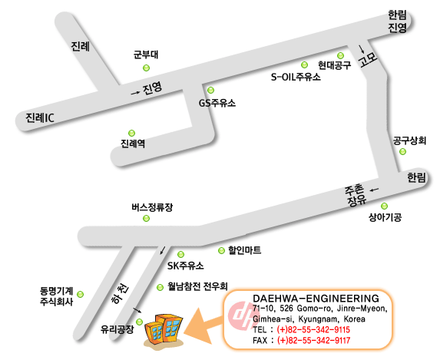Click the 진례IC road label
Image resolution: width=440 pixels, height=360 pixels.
pyautogui.click(x=40, y=118)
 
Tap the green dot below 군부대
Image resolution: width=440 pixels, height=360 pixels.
pyautogui.click(x=146, y=68)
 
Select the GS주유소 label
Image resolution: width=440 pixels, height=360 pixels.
pyautogui.click(x=217, y=103)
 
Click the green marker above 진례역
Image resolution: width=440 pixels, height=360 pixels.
pyautogui.click(x=131, y=133)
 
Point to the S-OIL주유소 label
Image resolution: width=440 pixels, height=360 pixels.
pyautogui.click(x=296, y=77)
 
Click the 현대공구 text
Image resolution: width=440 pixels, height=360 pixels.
pyautogui.click(x=335, y=65)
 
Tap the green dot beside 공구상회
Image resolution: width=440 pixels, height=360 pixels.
pyautogui.click(x=402, y=151)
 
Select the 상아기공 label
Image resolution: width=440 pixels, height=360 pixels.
pyautogui.click(x=385, y=217)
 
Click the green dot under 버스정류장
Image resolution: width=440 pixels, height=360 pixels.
pyautogui.click(x=146, y=218)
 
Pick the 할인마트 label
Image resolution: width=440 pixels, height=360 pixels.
pyautogui.click(x=245, y=249)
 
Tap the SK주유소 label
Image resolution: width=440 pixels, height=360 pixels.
pyautogui.click(x=186, y=266)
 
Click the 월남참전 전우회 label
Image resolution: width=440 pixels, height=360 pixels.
pyautogui.click(x=197, y=286)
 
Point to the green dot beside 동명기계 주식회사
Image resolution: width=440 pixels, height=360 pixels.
pyautogui.click(x=81, y=294)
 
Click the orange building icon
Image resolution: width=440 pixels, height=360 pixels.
pyautogui.click(x=164, y=330)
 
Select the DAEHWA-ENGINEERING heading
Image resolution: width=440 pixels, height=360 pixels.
pyautogui.click(x=316, y=298)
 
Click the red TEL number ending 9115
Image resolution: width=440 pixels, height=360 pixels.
pyautogui.click(x=313, y=329)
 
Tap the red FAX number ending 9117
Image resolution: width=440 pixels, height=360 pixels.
pyautogui.click(x=314, y=340)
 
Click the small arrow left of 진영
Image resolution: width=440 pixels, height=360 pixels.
pyautogui.click(x=135, y=93)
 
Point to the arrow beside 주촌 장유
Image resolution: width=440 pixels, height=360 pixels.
pyautogui.click(x=374, y=190)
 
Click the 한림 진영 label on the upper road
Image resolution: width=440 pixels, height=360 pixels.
pyautogui.click(x=397, y=21)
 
